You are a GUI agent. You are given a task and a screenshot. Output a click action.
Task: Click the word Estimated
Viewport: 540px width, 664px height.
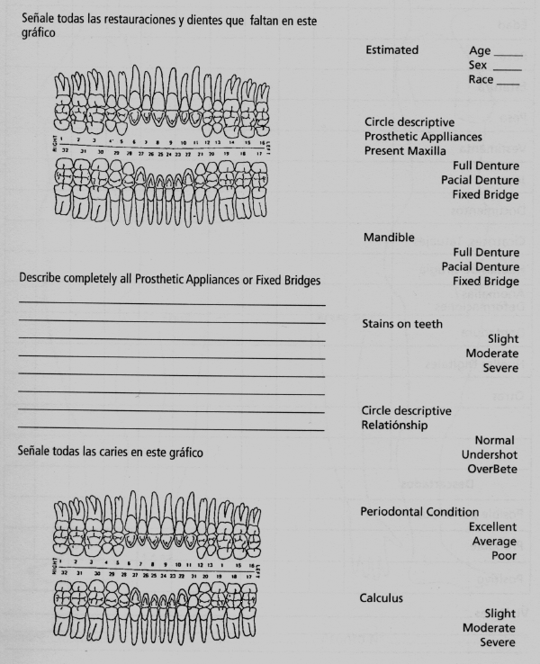(391, 50)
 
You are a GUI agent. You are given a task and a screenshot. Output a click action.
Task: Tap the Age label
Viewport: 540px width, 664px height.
(480, 51)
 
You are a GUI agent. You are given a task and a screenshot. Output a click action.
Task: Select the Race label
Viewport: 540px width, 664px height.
(481, 80)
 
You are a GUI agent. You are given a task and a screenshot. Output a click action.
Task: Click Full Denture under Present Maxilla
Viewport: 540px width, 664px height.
(486, 166)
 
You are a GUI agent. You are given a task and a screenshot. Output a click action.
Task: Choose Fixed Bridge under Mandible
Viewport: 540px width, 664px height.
(486, 281)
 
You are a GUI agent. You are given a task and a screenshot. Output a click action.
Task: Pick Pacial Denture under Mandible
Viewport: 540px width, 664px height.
(480, 266)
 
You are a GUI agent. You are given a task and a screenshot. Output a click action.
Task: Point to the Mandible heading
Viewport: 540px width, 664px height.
(388, 238)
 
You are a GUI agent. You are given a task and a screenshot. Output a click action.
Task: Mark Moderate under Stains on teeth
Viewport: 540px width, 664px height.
(491, 354)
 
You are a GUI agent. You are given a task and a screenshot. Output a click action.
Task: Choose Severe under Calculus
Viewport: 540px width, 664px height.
(498, 642)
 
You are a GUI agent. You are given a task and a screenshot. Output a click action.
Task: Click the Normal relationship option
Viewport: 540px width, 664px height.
(494, 440)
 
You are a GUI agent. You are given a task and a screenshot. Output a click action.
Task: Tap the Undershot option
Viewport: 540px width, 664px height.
(489, 454)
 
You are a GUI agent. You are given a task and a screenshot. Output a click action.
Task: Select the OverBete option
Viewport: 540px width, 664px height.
(491, 469)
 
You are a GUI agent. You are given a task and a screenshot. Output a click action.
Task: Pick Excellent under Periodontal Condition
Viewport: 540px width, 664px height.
(492, 526)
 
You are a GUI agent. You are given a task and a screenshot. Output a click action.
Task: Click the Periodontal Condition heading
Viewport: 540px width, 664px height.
(420, 512)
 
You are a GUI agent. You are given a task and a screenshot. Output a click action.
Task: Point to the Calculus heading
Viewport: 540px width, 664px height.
(382, 597)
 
